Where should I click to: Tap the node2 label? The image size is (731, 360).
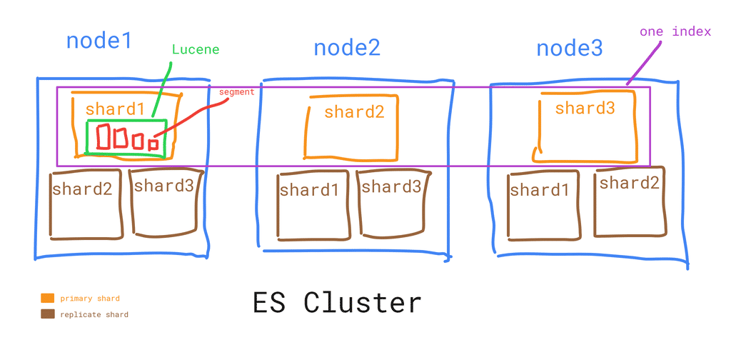347,48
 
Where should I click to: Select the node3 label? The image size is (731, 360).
570,49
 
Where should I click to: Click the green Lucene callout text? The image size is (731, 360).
196,50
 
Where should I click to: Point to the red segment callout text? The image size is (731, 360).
236,92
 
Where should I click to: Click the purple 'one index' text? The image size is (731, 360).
675,32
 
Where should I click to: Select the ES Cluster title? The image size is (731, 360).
337,302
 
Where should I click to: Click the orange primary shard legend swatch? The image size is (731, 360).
48,298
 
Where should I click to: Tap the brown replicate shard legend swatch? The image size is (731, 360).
48,314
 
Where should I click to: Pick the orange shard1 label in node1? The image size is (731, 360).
114,109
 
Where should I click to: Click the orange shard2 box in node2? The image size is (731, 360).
351,127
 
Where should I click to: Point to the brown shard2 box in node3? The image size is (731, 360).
629,202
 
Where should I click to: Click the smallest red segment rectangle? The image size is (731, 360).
153,144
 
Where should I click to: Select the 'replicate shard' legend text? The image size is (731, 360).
94,314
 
